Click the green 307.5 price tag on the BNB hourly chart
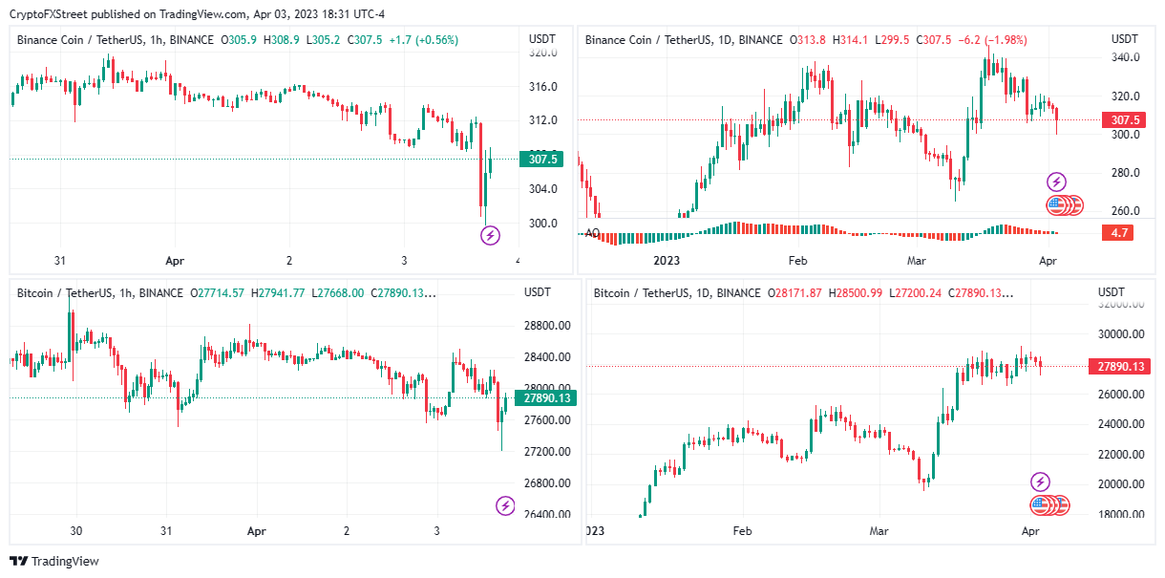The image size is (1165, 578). click(x=540, y=160)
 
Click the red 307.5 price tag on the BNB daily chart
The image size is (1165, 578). click(x=1122, y=120)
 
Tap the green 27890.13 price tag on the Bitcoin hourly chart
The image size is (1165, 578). click(x=541, y=398)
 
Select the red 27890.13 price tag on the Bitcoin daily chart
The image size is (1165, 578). click(x=1122, y=367)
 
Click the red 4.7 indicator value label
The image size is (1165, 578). click(x=1117, y=232)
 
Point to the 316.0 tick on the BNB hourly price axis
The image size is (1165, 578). click(x=542, y=87)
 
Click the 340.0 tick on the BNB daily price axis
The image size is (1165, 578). click(x=1125, y=58)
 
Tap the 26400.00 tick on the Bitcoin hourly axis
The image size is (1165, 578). click(x=547, y=515)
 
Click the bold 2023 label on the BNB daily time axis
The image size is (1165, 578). click(x=666, y=261)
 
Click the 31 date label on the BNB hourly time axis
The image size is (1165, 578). click(x=60, y=261)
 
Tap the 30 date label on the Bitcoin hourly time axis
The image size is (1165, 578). click(x=77, y=530)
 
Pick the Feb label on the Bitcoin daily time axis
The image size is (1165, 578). click(x=742, y=530)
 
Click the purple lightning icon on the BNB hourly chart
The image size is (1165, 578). click(x=490, y=235)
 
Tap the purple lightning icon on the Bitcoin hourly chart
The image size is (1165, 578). click(x=504, y=506)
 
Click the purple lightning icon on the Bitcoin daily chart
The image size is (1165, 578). click(x=1040, y=482)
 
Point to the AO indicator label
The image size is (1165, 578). click(x=592, y=233)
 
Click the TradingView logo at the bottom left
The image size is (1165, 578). click(x=54, y=562)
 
